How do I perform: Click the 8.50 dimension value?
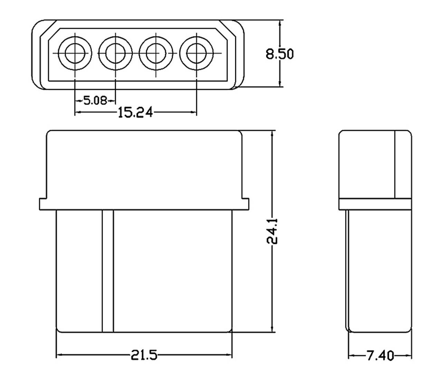pyautogui.click(x=279, y=54)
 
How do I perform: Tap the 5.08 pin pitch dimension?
pyautogui.click(x=95, y=101)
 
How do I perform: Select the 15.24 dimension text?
pyautogui.click(x=135, y=112)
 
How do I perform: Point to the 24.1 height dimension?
pyautogui.click(x=273, y=230)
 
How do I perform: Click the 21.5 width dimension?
pyautogui.click(x=144, y=354)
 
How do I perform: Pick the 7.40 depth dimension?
pyautogui.click(x=380, y=355)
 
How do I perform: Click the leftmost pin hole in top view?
pyautogui.click(x=75, y=53)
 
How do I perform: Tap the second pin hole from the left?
pyautogui.click(x=115, y=53)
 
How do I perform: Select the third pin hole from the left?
pyautogui.click(x=156, y=53)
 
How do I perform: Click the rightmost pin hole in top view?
pyautogui.click(x=197, y=53)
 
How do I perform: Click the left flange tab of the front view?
pyautogui.click(x=44, y=204)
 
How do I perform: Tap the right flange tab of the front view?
pyautogui.click(x=245, y=204)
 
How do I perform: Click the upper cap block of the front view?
pyautogui.click(x=144, y=164)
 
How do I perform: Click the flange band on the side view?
pyautogui.click(x=375, y=204)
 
